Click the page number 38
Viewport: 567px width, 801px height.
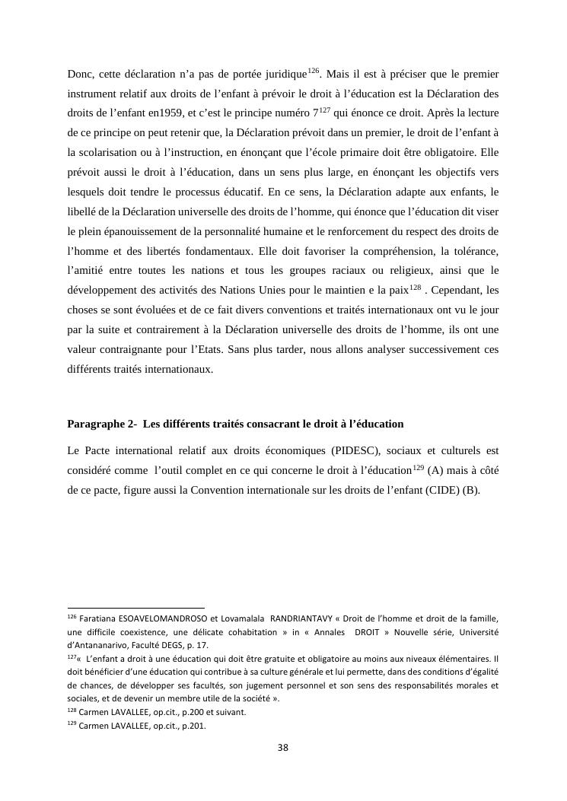click(283, 748)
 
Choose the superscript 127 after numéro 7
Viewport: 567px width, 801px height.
click(323, 110)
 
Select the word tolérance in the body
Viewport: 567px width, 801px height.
click(473, 250)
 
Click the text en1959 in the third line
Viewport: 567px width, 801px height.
click(161, 114)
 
